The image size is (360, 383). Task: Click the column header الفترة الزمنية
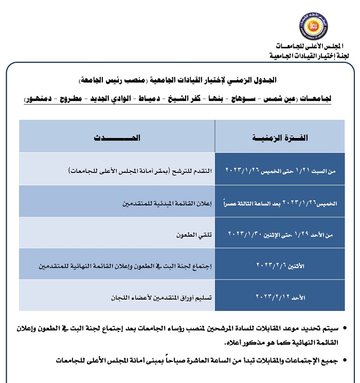[x=280, y=137]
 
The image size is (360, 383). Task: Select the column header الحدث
[x=117, y=137]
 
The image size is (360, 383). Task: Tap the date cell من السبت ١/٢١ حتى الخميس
[x=280, y=169]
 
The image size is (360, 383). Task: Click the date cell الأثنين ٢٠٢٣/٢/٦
[x=280, y=265]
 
